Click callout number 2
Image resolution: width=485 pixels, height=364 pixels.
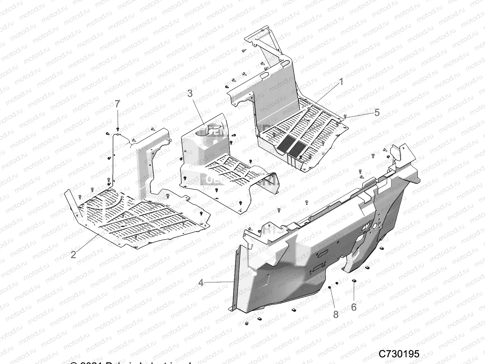point(73,254)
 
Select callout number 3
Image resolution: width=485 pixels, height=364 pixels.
point(190,93)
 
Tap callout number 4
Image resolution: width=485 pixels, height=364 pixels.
point(201,282)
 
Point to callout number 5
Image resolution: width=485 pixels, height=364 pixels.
point(377,113)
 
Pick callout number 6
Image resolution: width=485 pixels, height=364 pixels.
point(353,307)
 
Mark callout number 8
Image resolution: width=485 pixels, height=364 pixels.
point(336,314)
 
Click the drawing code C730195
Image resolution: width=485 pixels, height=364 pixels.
point(399,354)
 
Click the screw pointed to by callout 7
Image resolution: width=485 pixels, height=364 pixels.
point(118,129)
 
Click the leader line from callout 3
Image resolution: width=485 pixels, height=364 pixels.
point(198,111)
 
